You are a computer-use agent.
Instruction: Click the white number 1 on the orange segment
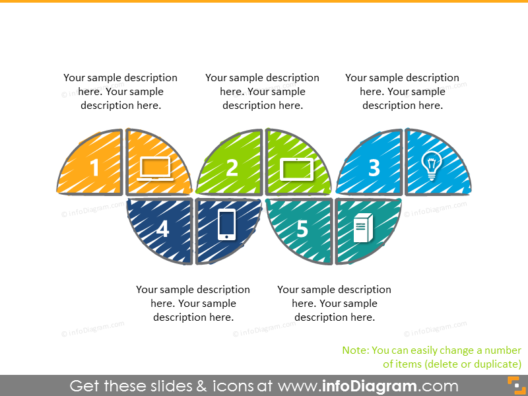tap(94, 168)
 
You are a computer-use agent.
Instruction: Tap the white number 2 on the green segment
tap(232, 168)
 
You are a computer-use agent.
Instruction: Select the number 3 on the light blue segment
tap(374, 168)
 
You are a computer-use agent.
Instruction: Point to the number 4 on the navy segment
tap(162, 229)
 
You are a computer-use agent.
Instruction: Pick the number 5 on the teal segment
tap(302, 229)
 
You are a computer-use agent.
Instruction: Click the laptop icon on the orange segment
tap(155, 169)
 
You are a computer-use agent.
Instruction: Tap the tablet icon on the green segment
tap(296, 169)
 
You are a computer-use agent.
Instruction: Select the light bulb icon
tap(432, 166)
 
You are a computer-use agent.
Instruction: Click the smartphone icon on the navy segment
tap(226, 225)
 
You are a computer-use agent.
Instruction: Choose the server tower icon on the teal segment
tap(363, 228)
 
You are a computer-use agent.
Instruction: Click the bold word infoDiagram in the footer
tap(369, 386)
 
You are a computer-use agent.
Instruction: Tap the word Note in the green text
tap(355, 350)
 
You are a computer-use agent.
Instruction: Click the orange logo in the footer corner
tap(517, 385)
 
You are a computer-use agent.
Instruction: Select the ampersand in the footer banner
tap(202, 386)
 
